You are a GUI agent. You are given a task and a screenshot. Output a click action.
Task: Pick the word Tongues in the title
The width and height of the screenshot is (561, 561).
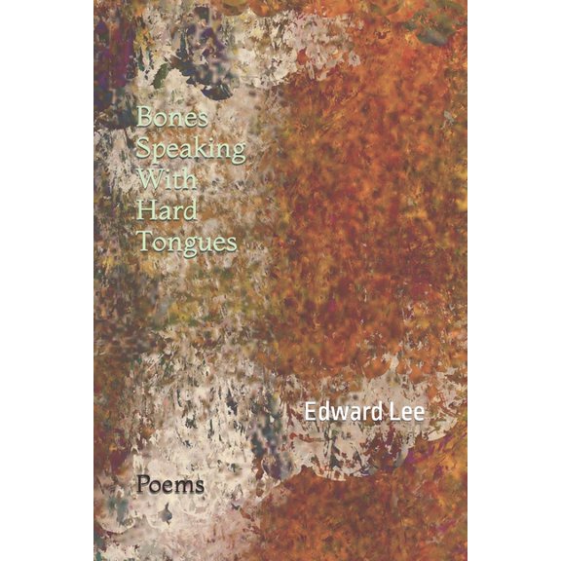[x=187, y=243]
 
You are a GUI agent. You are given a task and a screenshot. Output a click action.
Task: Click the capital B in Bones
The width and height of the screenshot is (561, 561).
[x=145, y=117]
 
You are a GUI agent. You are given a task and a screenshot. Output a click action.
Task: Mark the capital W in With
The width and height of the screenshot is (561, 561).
[x=149, y=181]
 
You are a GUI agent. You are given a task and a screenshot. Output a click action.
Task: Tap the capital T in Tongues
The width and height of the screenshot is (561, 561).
[x=144, y=242]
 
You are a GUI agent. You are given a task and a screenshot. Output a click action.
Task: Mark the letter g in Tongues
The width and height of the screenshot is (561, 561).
[x=191, y=247]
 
